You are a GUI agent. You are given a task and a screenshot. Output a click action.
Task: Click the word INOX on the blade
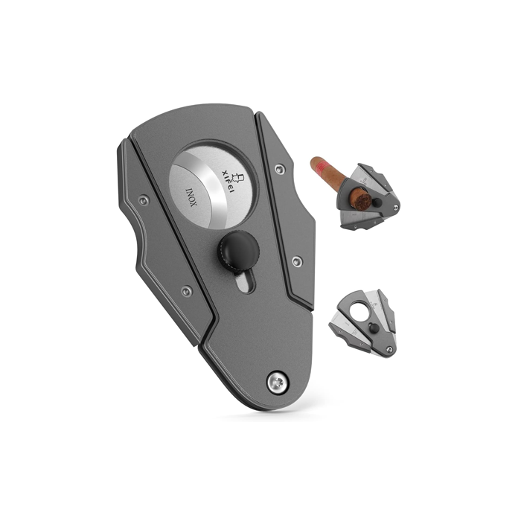[x=191, y=198]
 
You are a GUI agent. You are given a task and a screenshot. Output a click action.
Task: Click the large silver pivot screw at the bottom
[x=277, y=383]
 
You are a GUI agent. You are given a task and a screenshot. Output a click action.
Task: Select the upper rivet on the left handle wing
[x=144, y=200]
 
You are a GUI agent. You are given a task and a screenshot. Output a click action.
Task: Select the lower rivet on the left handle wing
[x=187, y=292]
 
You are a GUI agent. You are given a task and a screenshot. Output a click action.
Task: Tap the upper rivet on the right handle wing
[x=280, y=169]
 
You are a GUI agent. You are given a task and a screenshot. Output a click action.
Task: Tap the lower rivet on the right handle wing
[x=297, y=260]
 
